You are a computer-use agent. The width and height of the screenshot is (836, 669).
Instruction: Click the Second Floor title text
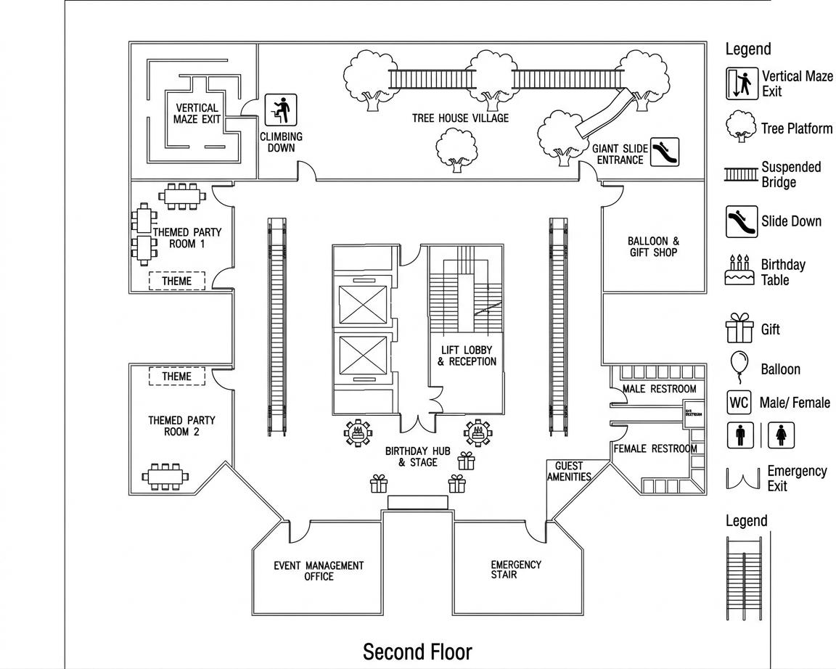click(417, 651)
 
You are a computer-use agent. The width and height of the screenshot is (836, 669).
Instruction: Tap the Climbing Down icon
click(281, 111)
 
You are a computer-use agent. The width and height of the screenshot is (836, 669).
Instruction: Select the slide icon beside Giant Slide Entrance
click(664, 152)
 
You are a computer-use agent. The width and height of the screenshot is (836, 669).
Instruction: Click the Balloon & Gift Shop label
click(653, 247)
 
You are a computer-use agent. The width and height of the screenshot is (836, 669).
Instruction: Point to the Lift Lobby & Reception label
click(467, 356)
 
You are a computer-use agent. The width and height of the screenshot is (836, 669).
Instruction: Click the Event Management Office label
click(319, 570)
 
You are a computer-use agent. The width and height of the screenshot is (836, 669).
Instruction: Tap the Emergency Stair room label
click(515, 570)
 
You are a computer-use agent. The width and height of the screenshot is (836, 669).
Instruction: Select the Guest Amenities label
click(569, 472)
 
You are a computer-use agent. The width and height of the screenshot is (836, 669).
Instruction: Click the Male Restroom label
click(659, 389)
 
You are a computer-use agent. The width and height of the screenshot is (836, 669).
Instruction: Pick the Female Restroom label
click(655, 448)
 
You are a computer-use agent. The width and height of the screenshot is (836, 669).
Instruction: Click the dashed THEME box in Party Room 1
click(177, 281)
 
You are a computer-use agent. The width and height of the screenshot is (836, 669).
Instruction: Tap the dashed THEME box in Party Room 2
click(177, 377)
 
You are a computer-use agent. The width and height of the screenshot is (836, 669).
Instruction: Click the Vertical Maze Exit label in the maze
click(197, 113)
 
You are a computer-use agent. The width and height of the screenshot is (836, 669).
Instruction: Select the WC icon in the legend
click(739, 402)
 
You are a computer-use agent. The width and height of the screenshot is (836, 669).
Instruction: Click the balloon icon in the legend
click(738, 366)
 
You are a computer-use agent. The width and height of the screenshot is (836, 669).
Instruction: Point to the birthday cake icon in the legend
click(739, 271)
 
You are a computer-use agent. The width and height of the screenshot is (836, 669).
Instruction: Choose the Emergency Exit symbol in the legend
click(743, 478)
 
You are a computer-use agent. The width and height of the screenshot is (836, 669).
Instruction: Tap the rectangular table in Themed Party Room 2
click(165, 476)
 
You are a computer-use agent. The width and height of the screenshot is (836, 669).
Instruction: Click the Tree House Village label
click(460, 118)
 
